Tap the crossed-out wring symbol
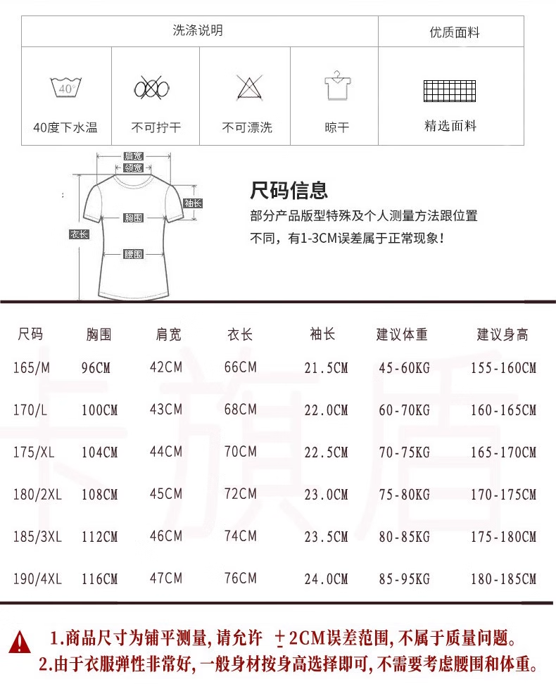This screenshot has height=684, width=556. [153, 89]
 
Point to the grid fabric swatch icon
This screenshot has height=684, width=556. [450, 91]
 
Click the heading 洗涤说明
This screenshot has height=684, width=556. [198, 30]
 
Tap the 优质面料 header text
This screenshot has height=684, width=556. [454, 32]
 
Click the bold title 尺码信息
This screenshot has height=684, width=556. [289, 190]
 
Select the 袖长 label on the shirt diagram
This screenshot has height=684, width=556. [193, 203]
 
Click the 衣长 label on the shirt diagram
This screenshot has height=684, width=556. [79, 234]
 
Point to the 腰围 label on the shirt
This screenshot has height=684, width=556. [134, 254]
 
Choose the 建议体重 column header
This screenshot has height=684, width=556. [402, 334]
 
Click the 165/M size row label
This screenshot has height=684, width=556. [32, 367]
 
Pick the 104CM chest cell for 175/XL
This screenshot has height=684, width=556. [99, 452]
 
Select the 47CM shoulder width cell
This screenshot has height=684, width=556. [166, 578]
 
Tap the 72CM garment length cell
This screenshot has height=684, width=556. [240, 494]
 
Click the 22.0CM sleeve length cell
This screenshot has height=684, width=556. [326, 410]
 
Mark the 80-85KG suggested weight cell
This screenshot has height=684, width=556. [404, 537]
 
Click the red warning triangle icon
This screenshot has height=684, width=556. [20, 641]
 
